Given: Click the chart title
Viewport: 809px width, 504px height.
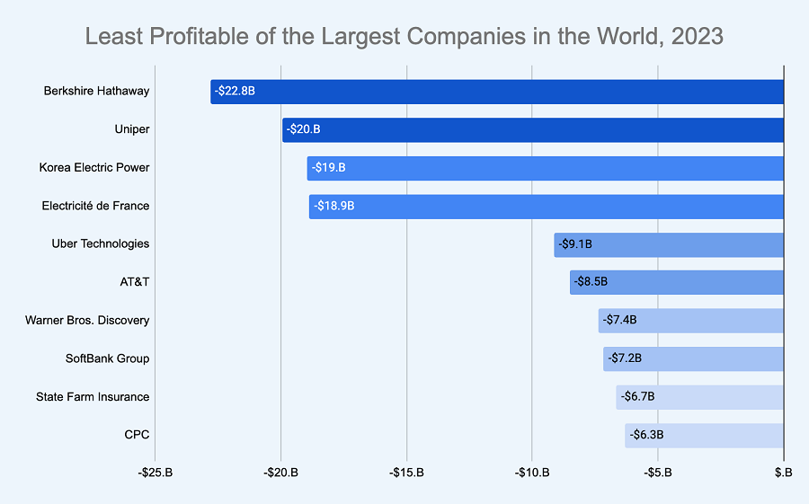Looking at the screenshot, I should click(404, 36).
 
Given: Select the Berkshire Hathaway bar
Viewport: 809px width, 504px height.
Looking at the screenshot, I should click(497, 92).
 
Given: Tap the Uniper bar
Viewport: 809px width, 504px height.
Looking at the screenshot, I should click(533, 129).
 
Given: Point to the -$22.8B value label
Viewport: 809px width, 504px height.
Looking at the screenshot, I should click(236, 92).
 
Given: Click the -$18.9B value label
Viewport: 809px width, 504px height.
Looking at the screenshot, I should click(334, 206).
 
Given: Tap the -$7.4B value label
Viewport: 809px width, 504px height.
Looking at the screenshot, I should click(620, 321).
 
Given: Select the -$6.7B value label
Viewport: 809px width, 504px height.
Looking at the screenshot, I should click(637, 397).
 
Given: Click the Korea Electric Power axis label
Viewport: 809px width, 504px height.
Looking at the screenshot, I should click(94, 168).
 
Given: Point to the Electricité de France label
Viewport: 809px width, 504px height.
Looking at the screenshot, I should click(95, 206).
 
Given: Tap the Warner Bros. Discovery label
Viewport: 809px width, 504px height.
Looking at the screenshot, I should click(87, 321).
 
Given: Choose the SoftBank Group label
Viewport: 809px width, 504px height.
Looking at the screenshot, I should click(107, 358).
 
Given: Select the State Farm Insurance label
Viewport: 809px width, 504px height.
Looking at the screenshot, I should click(93, 397).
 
